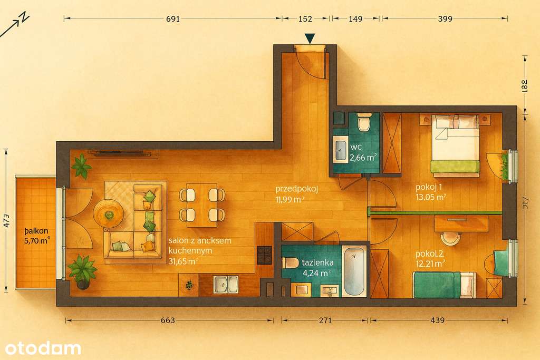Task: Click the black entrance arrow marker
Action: click(310, 38)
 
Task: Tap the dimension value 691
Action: click(173, 19)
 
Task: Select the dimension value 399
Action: click(445, 19)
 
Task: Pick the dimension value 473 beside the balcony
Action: click(6, 219)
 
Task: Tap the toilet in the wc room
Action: click(363, 123)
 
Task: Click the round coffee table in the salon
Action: click(109, 213)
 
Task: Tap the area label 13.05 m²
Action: click(431, 198)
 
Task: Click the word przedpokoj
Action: click(296, 189)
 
